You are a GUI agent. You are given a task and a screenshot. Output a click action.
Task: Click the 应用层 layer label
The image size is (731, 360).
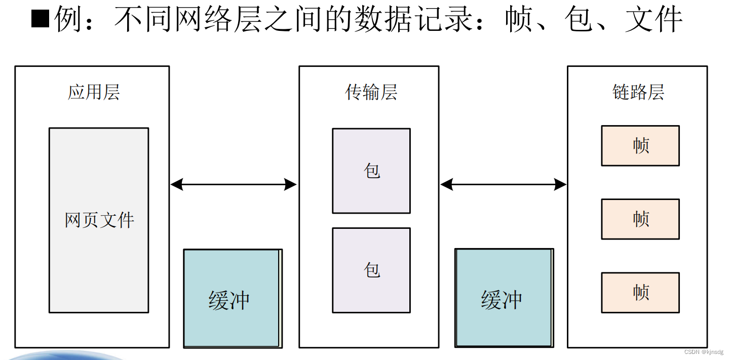(94, 93)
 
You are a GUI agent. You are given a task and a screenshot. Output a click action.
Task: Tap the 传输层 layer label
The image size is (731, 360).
(371, 93)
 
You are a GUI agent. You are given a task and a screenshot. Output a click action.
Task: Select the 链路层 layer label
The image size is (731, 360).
(638, 93)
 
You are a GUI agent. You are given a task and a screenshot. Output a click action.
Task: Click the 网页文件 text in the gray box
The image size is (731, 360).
(99, 220)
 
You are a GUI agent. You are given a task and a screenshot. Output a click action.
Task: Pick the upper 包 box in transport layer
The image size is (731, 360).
(371, 171)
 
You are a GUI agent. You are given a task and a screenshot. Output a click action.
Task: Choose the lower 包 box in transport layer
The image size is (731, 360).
(371, 270)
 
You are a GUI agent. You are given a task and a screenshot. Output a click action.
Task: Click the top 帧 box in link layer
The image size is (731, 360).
(640, 146)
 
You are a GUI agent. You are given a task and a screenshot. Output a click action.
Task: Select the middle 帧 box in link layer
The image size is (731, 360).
(640, 219)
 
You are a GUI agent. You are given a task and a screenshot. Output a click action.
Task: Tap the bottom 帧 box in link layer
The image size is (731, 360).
(640, 293)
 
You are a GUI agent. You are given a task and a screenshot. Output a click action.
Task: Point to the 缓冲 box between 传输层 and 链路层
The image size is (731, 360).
(504, 299)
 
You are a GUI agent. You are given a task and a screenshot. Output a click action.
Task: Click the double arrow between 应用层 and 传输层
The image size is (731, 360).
(234, 184)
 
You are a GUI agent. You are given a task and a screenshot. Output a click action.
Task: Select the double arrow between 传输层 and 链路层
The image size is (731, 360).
(503, 184)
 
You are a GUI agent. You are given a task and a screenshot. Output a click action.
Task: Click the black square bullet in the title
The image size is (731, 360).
(40, 20)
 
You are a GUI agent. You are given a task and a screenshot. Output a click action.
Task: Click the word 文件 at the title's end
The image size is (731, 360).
(653, 20)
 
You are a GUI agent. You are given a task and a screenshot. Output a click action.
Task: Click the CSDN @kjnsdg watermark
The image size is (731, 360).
(704, 352)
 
